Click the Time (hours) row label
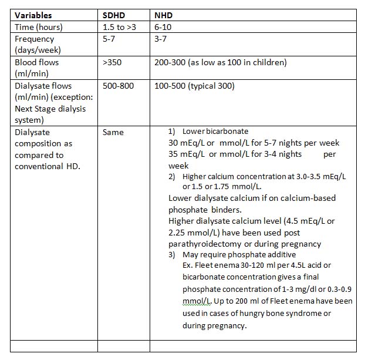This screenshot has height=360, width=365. coord(39,27)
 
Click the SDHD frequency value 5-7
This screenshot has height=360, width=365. coord(110,39)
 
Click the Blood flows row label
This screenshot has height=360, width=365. coord(36,62)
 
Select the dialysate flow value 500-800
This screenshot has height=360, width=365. coord(118,86)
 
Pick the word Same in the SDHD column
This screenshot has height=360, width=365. coord(113,132)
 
